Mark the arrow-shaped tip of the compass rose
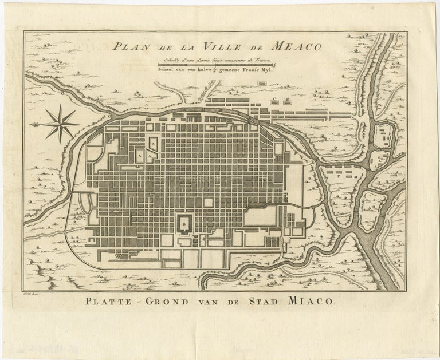click(36, 124)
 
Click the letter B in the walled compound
click(184, 220)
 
